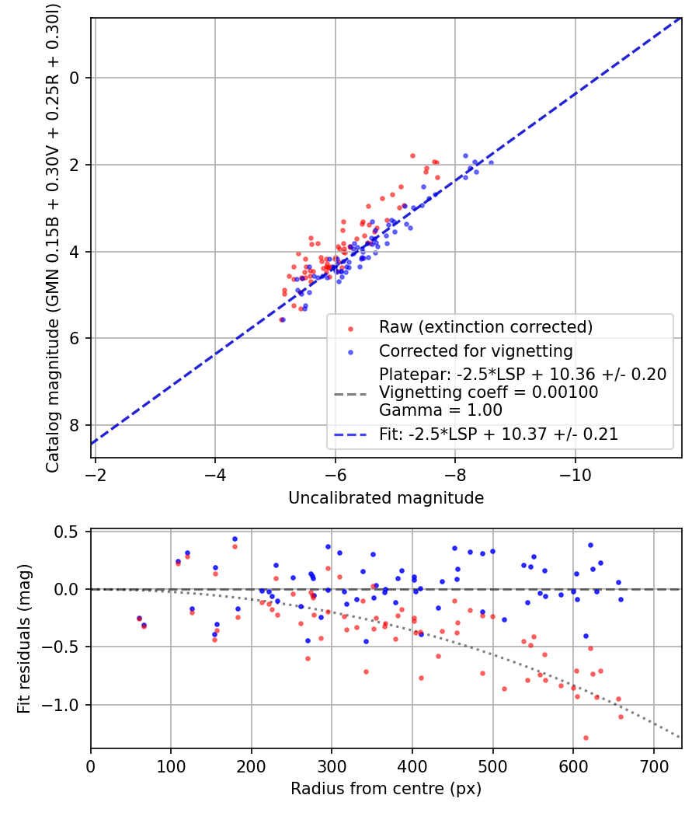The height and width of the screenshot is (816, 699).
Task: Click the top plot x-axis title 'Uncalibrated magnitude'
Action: click(x=386, y=498)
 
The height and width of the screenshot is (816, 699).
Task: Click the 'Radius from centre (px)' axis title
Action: click(x=386, y=789)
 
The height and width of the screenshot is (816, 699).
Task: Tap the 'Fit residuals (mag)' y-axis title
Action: click(x=23, y=639)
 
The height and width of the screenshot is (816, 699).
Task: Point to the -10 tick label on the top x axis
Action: click(x=576, y=475)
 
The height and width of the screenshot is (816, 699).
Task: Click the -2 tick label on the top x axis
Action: click(x=96, y=475)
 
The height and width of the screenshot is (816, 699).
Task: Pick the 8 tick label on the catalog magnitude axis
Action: click(x=74, y=426)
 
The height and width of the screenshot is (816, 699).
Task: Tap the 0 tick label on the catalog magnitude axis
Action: click(x=74, y=78)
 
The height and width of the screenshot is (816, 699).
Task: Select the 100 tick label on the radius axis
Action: click(x=171, y=766)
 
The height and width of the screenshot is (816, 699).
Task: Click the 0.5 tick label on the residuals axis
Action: click(x=66, y=532)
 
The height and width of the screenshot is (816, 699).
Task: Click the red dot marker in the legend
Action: click(x=350, y=329)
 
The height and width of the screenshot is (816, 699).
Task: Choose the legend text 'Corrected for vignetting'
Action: click(x=476, y=351)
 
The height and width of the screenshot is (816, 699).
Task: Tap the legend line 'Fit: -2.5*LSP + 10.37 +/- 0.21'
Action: click(x=499, y=434)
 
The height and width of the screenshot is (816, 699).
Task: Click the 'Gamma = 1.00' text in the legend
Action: click(x=440, y=410)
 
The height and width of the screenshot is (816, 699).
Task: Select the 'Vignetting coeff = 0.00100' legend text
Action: click(x=489, y=392)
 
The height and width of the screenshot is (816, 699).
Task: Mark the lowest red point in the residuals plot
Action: click(x=586, y=738)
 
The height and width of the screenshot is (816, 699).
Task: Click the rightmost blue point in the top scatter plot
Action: click(x=491, y=163)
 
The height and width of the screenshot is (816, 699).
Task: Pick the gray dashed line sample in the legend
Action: click(x=350, y=394)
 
